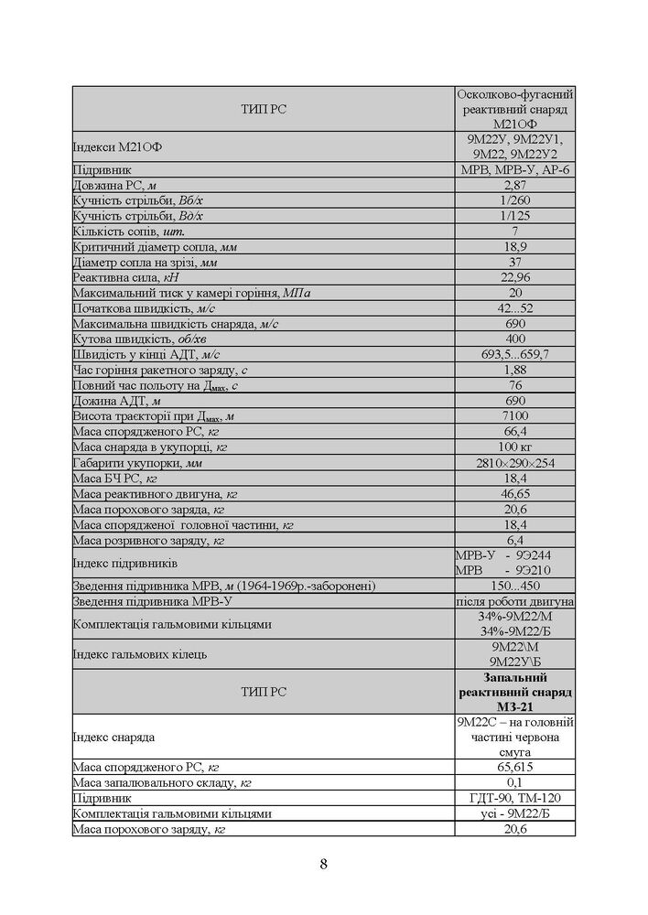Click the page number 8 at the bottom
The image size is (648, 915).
click(x=324, y=865)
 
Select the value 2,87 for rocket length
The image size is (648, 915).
click(x=513, y=185)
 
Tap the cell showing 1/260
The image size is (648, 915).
click(x=513, y=200)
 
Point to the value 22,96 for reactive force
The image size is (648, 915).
click(x=513, y=277)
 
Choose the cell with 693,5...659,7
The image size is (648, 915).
click(x=513, y=354)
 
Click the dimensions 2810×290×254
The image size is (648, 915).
click(x=513, y=463)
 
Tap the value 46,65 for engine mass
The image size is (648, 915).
click(x=513, y=493)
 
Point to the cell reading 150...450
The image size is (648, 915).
click(x=513, y=586)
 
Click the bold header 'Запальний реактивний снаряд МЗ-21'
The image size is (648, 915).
click(x=513, y=692)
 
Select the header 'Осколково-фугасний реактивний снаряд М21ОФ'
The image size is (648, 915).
click(x=513, y=109)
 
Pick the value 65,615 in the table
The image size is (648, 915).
click(x=513, y=767)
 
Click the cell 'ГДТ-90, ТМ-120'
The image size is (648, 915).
click(x=513, y=798)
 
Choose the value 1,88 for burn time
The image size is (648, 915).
click(x=513, y=370)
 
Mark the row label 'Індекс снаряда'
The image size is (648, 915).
click(x=113, y=737)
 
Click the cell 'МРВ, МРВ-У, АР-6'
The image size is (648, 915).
click(x=513, y=169)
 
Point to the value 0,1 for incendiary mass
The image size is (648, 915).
click(x=513, y=782)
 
